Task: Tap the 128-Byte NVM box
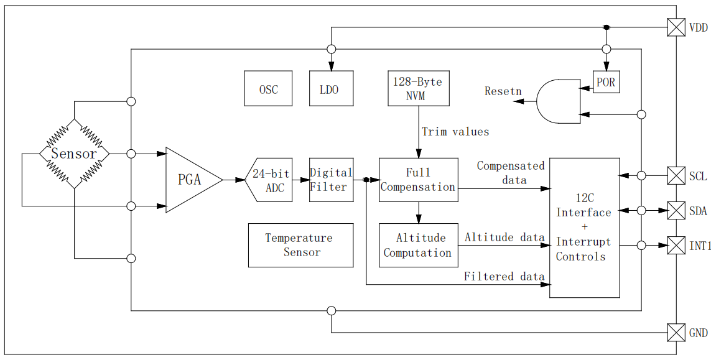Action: (x=418, y=88)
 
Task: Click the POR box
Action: (x=606, y=81)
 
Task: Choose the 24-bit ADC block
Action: (x=271, y=180)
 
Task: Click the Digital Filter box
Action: (x=331, y=180)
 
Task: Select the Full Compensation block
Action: (x=418, y=180)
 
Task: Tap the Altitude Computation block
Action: (x=418, y=245)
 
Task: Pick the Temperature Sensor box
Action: (x=300, y=245)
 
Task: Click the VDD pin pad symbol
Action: (x=676, y=27)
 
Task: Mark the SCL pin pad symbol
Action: (x=676, y=176)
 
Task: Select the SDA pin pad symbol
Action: (x=676, y=211)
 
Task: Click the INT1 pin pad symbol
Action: (x=676, y=246)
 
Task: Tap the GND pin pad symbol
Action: (x=676, y=333)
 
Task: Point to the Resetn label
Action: (x=503, y=91)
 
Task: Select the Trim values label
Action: (x=455, y=132)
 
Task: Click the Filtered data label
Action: (x=504, y=277)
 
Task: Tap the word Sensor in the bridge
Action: (x=74, y=154)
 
